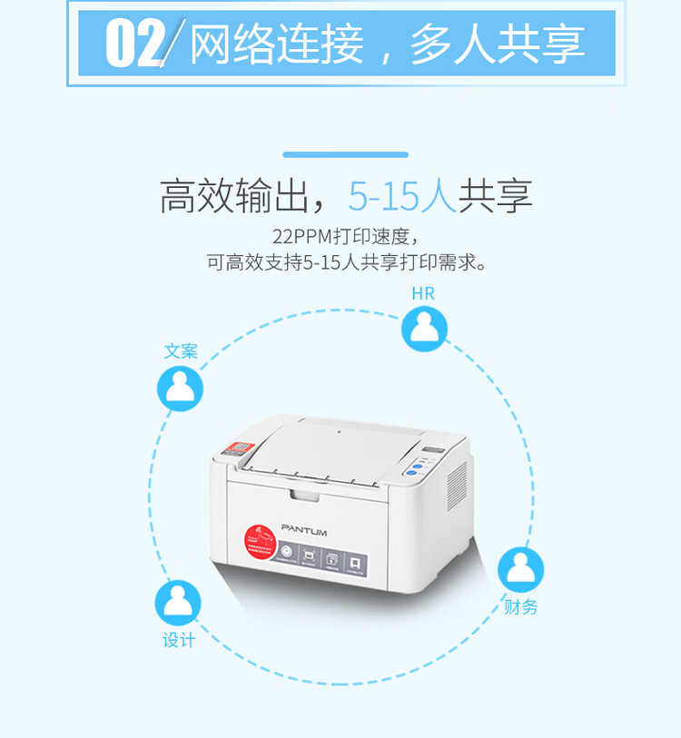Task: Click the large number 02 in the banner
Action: (x=135, y=43)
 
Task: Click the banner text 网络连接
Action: (x=276, y=44)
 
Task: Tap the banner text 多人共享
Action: (x=497, y=44)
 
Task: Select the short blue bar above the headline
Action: (x=345, y=155)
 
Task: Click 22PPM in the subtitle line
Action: (x=301, y=238)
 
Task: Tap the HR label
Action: (x=423, y=293)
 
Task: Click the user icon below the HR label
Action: (x=424, y=329)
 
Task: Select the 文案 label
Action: (x=181, y=351)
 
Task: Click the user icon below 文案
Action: (x=180, y=388)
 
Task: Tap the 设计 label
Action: (x=179, y=640)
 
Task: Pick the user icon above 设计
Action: (x=178, y=603)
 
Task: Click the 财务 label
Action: (x=521, y=607)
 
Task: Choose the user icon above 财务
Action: (x=520, y=569)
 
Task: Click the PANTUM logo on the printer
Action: (x=303, y=529)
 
